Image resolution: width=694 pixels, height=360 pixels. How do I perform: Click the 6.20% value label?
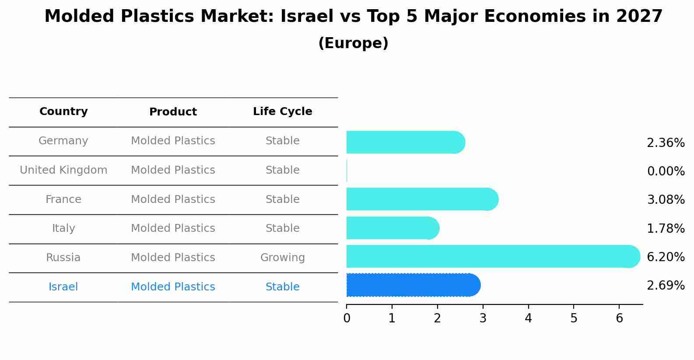[x=666, y=257]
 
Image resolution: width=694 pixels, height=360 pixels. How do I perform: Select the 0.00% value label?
[x=666, y=171]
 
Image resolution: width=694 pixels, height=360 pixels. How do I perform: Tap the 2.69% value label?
[x=666, y=286]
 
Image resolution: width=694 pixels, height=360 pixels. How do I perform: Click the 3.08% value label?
[x=666, y=200]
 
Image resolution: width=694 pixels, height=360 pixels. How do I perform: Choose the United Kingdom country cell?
[x=63, y=170]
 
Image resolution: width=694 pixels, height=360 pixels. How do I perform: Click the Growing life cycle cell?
[x=282, y=258]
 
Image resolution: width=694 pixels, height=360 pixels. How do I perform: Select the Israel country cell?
[x=63, y=287]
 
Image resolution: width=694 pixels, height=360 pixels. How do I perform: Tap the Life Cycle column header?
[x=282, y=112]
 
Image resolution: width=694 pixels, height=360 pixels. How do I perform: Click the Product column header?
[x=173, y=112]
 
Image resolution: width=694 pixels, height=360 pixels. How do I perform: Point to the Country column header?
[x=63, y=112]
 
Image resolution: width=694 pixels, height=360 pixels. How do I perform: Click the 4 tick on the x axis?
[x=528, y=318]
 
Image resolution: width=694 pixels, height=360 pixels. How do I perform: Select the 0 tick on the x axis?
[x=347, y=318]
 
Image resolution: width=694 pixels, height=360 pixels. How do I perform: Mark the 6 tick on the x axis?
[x=619, y=318]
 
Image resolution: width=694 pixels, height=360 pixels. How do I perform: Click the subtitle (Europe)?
[x=353, y=43]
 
